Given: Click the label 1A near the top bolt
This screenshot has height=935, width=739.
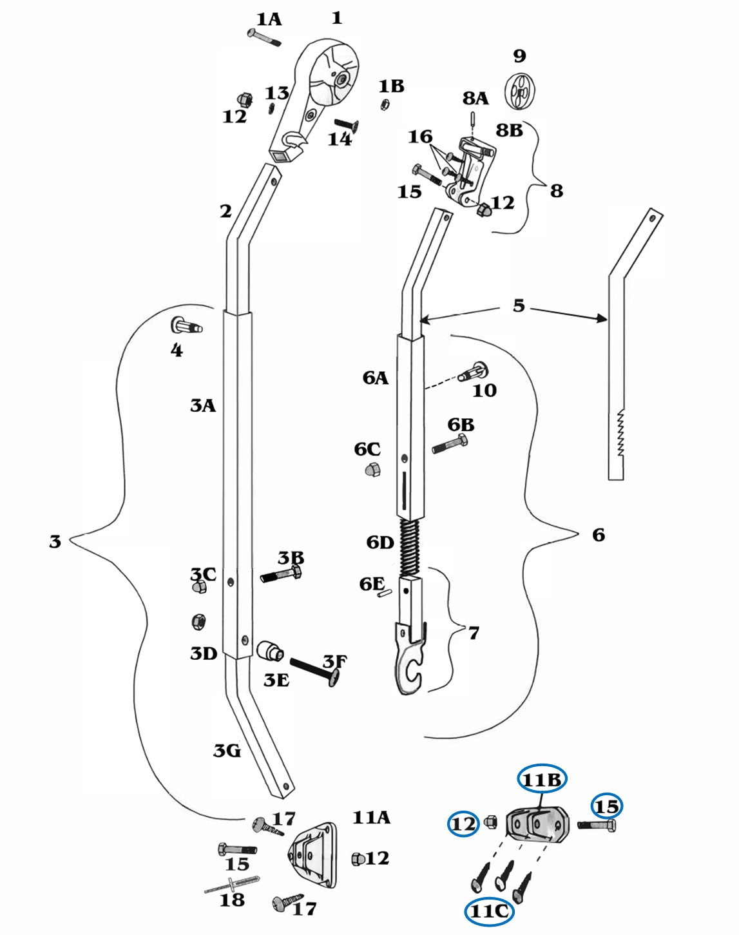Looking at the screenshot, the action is pos(269,19).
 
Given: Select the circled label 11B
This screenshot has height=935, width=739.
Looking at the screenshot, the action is pos(542,780).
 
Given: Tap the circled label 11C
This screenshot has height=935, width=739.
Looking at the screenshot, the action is pos(489,911).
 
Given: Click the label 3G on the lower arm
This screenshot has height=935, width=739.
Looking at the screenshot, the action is pos(227,750).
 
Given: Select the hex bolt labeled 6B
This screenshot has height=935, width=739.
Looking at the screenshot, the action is pos(450,445).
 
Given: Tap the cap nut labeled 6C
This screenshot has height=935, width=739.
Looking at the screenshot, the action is pos(373,470).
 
